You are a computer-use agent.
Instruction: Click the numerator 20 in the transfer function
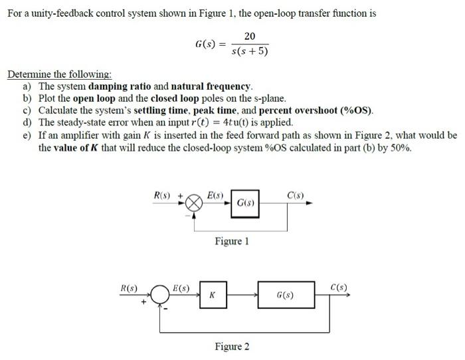249,37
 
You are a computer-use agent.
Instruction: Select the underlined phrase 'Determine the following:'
59,74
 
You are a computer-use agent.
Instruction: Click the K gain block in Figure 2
212,295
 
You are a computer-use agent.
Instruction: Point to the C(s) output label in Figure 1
296,195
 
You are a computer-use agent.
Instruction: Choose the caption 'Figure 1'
232,241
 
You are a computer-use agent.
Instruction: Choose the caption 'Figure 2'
232,346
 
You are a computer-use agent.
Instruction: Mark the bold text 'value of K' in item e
82,147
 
